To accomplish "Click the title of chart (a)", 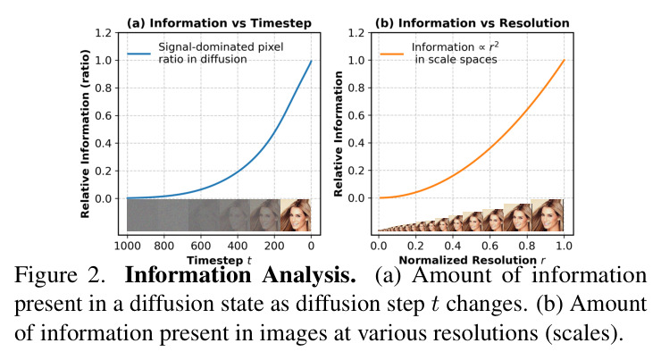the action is coord(219,22).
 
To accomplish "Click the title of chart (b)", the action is coord(473,22).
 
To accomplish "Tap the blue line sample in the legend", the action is coord(139,54).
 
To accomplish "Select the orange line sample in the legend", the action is coord(392,54).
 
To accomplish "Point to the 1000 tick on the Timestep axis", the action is coord(128,246).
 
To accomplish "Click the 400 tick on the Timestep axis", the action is coord(238,246).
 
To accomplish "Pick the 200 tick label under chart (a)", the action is coord(274,246).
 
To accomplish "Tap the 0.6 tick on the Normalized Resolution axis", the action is coord(489,246).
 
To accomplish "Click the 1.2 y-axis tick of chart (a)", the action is coord(104,33).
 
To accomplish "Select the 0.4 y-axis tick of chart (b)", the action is coord(356,143).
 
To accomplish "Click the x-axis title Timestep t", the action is coord(219,260).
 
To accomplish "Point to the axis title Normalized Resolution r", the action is coord(472,260).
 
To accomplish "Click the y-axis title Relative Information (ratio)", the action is coord(85,134).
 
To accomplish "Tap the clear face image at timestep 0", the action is coord(296,215).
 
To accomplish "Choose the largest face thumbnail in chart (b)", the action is coord(548,215).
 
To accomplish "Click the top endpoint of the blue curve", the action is coord(311,61).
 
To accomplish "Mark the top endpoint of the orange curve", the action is coord(564,60).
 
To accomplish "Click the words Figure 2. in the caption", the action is coord(60,276).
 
